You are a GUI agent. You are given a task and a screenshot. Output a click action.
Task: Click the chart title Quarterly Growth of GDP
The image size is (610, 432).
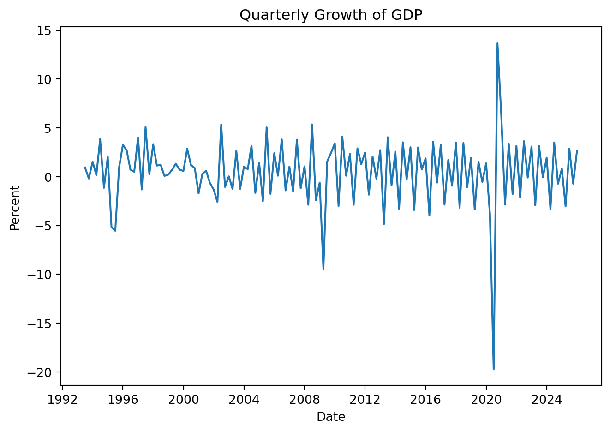[x=331, y=15]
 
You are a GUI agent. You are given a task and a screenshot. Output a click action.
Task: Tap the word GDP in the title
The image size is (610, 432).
[x=407, y=15]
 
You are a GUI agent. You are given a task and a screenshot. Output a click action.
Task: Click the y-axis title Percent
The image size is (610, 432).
[x=15, y=208]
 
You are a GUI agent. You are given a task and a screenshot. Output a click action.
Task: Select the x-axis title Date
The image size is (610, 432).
[x=331, y=417]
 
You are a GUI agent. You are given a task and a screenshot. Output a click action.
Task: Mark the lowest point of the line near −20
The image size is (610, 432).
[x=493, y=369]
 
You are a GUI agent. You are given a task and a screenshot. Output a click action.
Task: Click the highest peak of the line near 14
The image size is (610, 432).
[x=497, y=43]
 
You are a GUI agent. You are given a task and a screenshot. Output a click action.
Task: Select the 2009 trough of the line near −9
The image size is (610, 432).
[x=323, y=269]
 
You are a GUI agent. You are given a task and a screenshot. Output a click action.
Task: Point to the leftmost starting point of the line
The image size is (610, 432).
[x=85, y=167]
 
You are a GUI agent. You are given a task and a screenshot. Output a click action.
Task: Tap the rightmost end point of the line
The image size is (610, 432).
[x=577, y=151]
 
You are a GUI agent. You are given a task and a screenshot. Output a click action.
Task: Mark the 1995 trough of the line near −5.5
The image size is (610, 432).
[x=115, y=230]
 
